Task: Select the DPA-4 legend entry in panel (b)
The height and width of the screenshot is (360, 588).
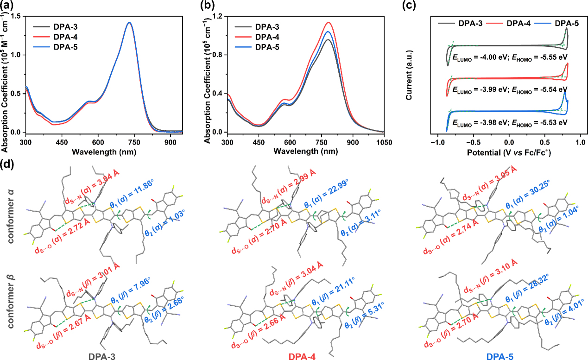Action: [269, 37]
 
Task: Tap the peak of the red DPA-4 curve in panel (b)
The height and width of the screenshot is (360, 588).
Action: [329, 22]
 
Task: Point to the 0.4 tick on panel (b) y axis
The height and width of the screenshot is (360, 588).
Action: [217, 94]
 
